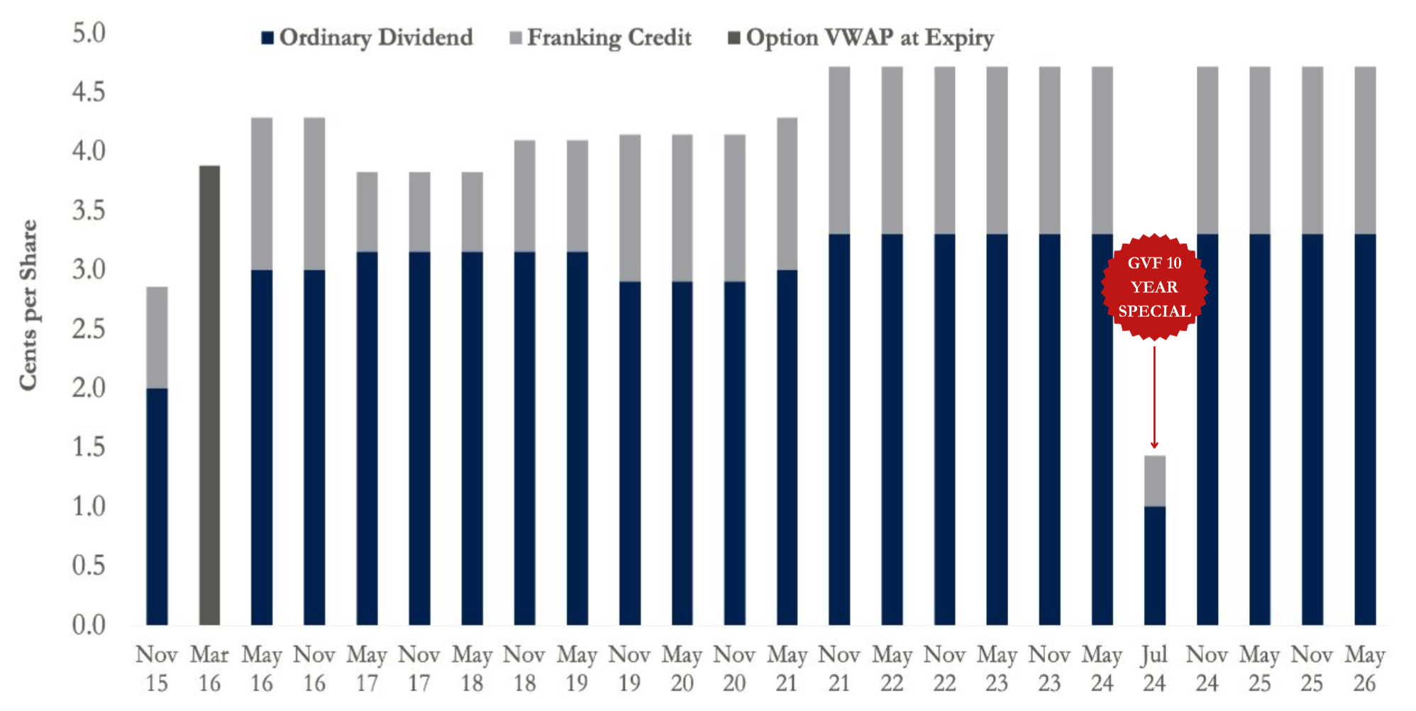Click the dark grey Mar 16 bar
tap(209, 395)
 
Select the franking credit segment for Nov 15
tap(157, 337)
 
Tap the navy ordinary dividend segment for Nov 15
tap(157, 506)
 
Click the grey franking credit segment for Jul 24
tap(1154, 481)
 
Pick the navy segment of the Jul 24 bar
tap(1154, 566)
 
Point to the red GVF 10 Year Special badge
tap(1154, 286)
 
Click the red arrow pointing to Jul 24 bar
tap(1154, 396)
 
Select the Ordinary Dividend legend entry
tap(367, 38)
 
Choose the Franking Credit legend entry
tap(600, 38)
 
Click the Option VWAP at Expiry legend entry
tap(861, 38)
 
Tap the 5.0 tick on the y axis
tap(89, 33)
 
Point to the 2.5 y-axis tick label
tap(89, 329)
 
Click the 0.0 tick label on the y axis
tap(89, 625)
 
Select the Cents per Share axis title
tap(28, 305)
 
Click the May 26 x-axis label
tap(1365, 668)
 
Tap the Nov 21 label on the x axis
tap(839, 668)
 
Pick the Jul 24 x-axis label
tap(1154, 668)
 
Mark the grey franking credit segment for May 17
tap(367, 212)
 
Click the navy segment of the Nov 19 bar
tap(630, 453)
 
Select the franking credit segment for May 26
tap(1365, 150)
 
